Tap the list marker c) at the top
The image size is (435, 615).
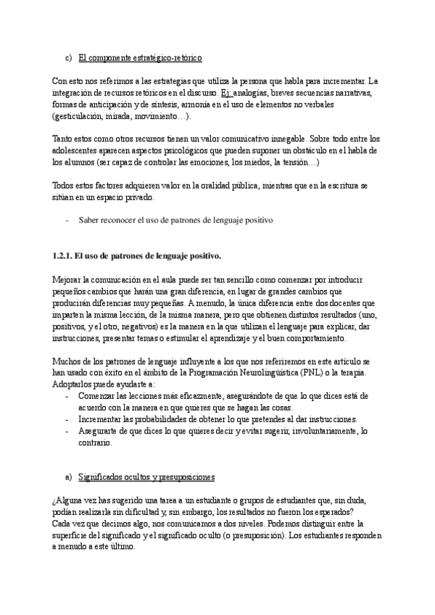[68, 55]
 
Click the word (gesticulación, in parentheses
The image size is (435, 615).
[80, 116]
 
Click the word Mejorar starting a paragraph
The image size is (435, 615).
[69, 280]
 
